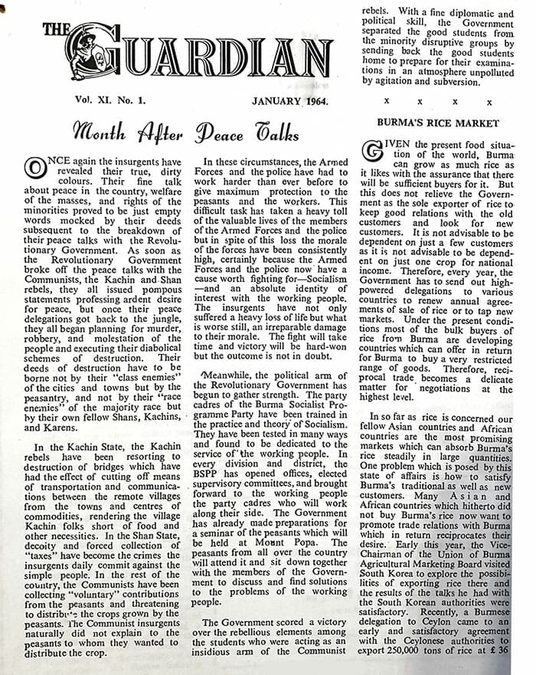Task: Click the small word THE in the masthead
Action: [x=57, y=30]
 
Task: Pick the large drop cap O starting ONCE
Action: [x=35, y=167]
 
